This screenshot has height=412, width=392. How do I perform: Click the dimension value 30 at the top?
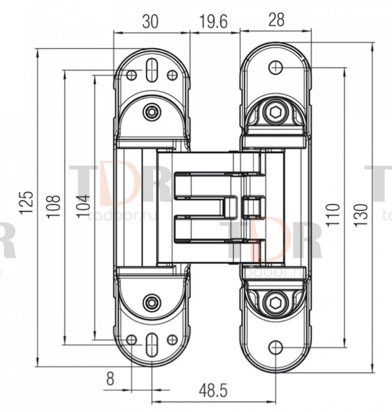(x=150, y=22)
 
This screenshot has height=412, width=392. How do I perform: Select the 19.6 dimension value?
(x=213, y=22)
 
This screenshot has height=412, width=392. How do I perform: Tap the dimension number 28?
(x=276, y=20)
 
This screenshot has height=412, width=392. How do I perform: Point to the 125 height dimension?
(x=28, y=203)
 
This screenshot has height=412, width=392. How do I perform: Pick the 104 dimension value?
(x=83, y=206)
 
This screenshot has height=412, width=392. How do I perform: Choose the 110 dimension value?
(x=333, y=215)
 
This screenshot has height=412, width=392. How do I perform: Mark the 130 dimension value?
(x=361, y=215)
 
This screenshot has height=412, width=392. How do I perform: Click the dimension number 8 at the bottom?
(x=110, y=379)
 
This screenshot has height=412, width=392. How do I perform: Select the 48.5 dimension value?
(x=213, y=391)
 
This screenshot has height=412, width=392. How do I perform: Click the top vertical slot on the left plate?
(x=151, y=70)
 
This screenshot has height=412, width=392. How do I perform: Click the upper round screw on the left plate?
(x=151, y=112)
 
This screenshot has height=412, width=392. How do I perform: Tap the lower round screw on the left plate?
(x=151, y=302)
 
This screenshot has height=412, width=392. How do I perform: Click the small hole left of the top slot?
(x=131, y=75)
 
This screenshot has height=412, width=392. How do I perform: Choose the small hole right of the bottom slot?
(x=172, y=340)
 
